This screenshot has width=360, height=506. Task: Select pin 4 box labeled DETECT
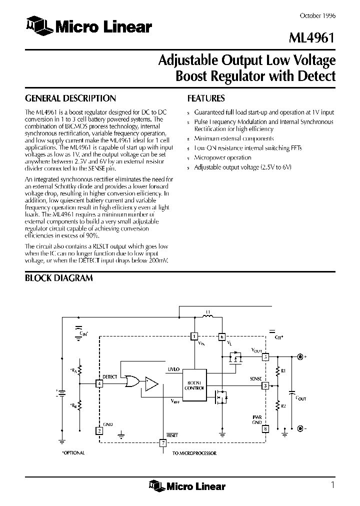tap(99, 383)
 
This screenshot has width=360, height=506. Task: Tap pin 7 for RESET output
tap(162, 443)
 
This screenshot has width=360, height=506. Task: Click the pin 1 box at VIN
tap(194, 336)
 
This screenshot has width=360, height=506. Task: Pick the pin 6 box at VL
tap(222, 336)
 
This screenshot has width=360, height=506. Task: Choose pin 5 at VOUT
tap(265, 356)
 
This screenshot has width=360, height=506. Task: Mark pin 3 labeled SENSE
tap(265, 385)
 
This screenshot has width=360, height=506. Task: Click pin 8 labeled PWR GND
tap(265, 428)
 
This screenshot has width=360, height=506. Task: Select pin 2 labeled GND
tap(99, 429)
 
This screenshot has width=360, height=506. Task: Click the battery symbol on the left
tap(61, 392)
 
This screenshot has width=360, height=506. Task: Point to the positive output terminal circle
tap(300, 356)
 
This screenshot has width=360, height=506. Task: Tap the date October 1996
tap(317, 15)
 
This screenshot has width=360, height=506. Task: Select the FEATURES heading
tap(205, 98)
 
